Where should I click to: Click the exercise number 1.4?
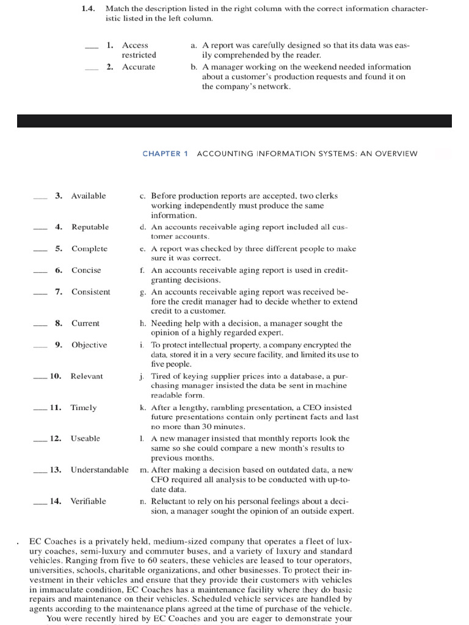[89, 9]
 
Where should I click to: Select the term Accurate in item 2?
[139, 67]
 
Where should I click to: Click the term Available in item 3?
[89, 196]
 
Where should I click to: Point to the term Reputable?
[90, 227]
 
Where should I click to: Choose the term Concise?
[86, 270]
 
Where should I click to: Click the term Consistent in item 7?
[91, 292]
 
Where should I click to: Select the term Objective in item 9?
[89, 345]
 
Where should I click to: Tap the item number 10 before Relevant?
[55, 376]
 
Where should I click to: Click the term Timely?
[84, 407]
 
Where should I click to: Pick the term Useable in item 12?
[85, 438]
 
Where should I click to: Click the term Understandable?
[100, 469]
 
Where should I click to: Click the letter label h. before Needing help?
[142, 323]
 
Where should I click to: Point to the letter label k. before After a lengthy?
[142, 407]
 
